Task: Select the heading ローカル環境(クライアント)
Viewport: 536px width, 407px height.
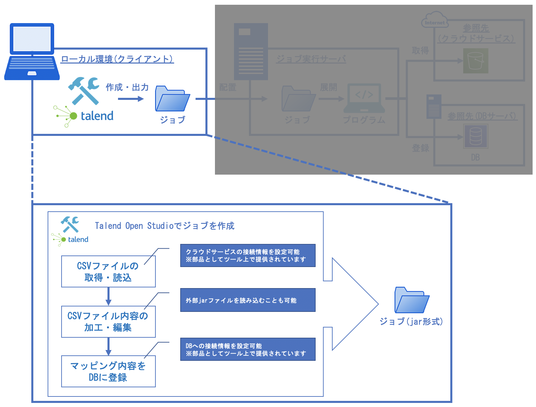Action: pos(117,59)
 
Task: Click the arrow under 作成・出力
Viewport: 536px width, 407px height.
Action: pos(131,99)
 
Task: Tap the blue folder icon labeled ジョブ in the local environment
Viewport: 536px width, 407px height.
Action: pos(172,99)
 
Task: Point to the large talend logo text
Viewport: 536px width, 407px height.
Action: pos(97,116)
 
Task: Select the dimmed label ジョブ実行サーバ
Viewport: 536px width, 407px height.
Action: pos(311,59)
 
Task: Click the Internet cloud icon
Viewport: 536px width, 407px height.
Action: pos(435,20)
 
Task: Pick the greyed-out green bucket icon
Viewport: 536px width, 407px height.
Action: pos(475,61)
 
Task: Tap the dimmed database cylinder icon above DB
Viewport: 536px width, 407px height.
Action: pos(475,136)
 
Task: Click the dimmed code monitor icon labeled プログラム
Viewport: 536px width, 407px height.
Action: pos(364,98)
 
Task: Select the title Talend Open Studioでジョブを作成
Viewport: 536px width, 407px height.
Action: pos(165,226)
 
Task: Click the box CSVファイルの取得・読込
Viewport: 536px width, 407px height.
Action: pos(108,271)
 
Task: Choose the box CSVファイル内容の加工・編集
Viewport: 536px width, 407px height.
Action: pos(108,322)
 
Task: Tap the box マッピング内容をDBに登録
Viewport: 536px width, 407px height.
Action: pos(108,371)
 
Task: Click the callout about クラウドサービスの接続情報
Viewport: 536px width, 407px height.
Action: pos(248,255)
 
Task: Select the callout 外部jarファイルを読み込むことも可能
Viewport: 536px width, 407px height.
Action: pos(248,300)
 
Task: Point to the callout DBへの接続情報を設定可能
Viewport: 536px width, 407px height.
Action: pos(248,349)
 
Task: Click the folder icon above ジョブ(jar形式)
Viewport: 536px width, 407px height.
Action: pos(412,300)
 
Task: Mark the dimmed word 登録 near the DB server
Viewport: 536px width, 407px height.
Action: pos(420,148)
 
